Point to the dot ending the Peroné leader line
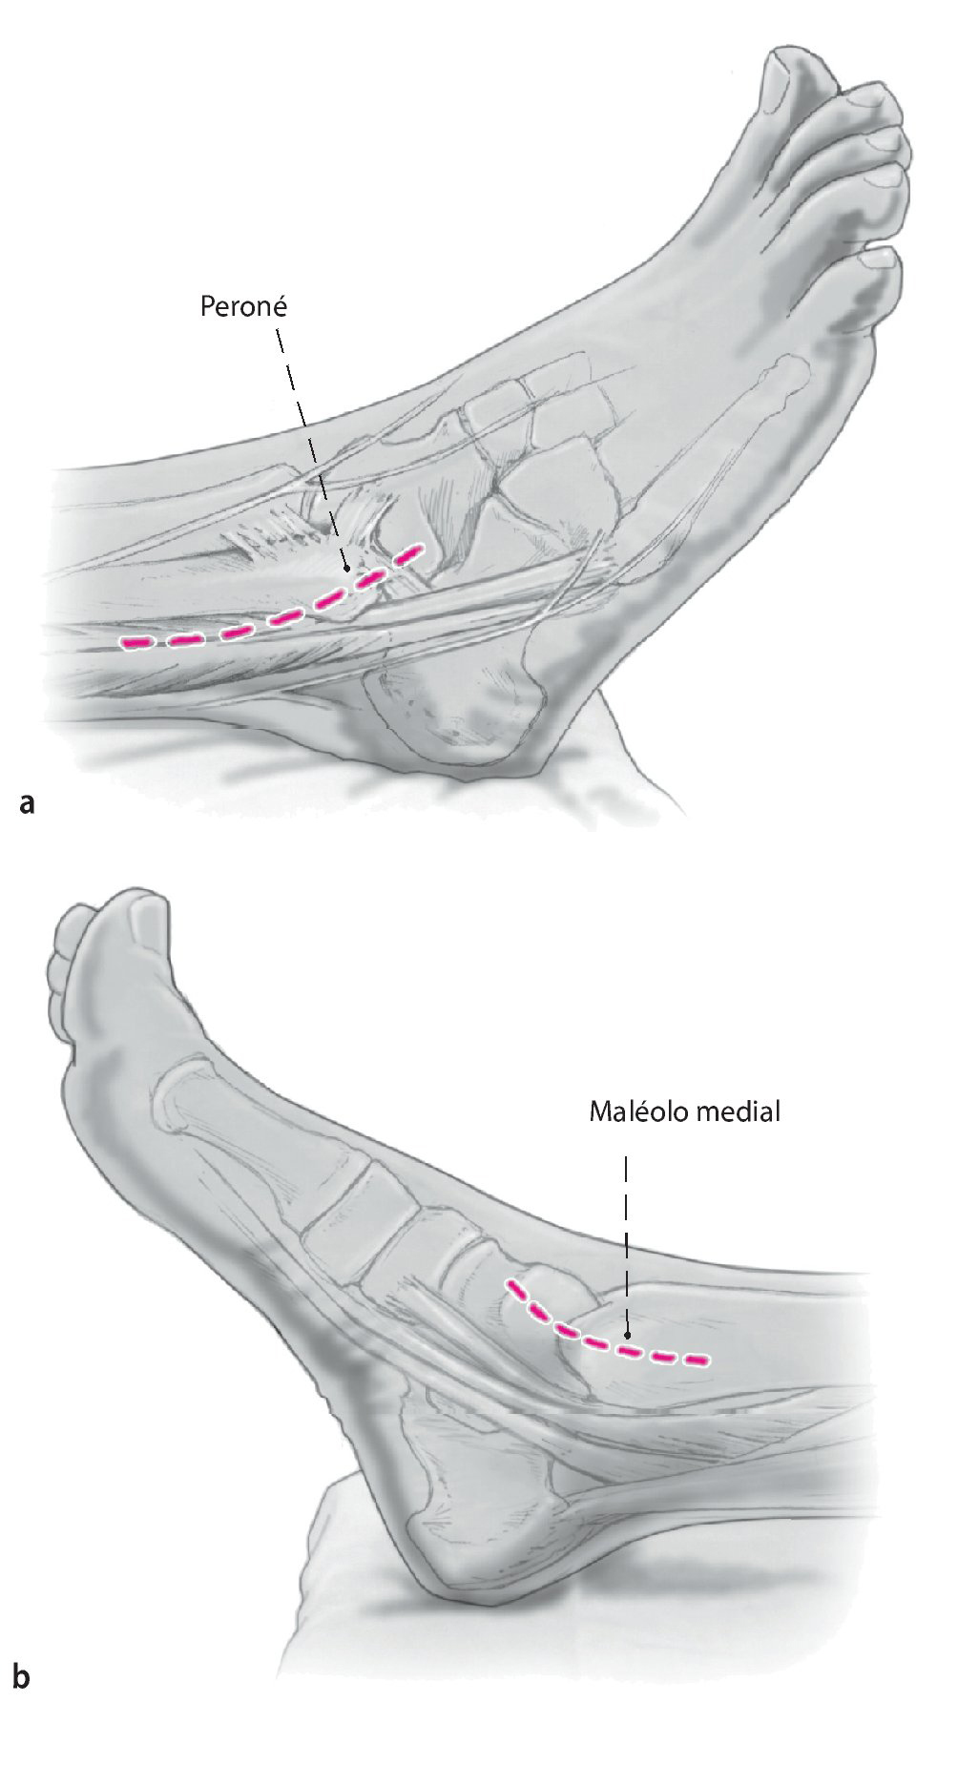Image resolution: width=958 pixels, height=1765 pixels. [347, 569]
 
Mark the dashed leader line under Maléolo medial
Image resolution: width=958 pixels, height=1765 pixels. [626, 1240]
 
